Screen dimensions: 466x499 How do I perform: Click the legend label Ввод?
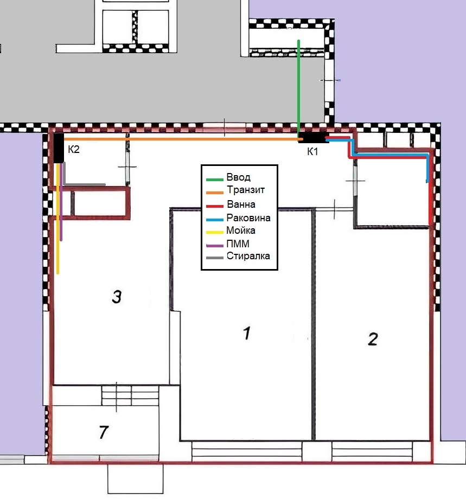pyautogui.click(x=238, y=177)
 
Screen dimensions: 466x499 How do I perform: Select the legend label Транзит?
pyautogui.click(x=246, y=190)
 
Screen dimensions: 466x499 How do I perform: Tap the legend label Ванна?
pyautogui.click(x=241, y=204)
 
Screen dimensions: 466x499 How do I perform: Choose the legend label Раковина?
pyautogui.click(x=248, y=217)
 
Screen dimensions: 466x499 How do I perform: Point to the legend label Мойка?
pyautogui.click(x=241, y=230)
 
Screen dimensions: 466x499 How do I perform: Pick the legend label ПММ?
pyautogui.click(x=238, y=244)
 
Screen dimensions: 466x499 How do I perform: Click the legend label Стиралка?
pyautogui.click(x=248, y=256)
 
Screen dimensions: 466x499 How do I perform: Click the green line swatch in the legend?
pyautogui.click(x=214, y=180)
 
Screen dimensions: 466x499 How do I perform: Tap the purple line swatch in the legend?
pyautogui.click(x=214, y=246)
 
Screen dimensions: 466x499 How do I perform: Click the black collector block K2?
pyautogui.click(x=59, y=148)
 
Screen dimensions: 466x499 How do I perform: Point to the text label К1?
pyautogui.click(x=312, y=151)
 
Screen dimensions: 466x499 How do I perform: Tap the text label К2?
pyautogui.click(x=74, y=149)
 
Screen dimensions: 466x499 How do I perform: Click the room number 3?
pyautogui.click(x=117, y=297)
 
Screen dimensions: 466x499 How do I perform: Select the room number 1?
pyautogui.click(x=247, y=333)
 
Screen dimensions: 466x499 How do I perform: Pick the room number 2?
pyautogui.click(x=373, y=339)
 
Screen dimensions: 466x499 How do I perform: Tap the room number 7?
pyautogui.click(x=104, y=432)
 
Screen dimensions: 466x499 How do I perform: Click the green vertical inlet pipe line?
pyautogui.click(x=298, y=88)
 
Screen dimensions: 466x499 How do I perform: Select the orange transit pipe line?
pyautogui.click(x=183, y=139)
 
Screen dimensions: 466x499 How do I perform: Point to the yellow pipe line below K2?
pyautogui.click(x=58, y=218)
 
